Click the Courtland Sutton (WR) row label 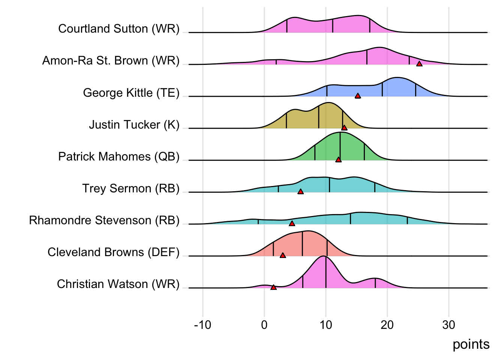tap(119, 29)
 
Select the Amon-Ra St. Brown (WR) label tap(111, 61)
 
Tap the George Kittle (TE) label tap(131, 93)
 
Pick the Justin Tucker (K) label tap(134, 124)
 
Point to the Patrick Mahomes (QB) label tap(119, 156)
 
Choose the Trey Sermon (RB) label tap(131, 188)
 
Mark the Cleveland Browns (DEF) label tap(114, 252)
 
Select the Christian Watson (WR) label tap(118, 284)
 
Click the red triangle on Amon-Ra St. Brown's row tap(419, 64)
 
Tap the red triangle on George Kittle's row tap(358, 96)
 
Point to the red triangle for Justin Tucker tap(344, 128)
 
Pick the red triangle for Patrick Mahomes tap(338, 160)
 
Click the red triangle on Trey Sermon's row tap(300, 192)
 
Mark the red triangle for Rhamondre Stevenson tap(292, 223)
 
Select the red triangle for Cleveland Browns tap(283, 255)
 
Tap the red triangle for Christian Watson tap(273, 287)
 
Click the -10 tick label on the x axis tap(202, 325)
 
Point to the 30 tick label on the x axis tap(448, 325)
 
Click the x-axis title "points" tap(471, 344)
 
